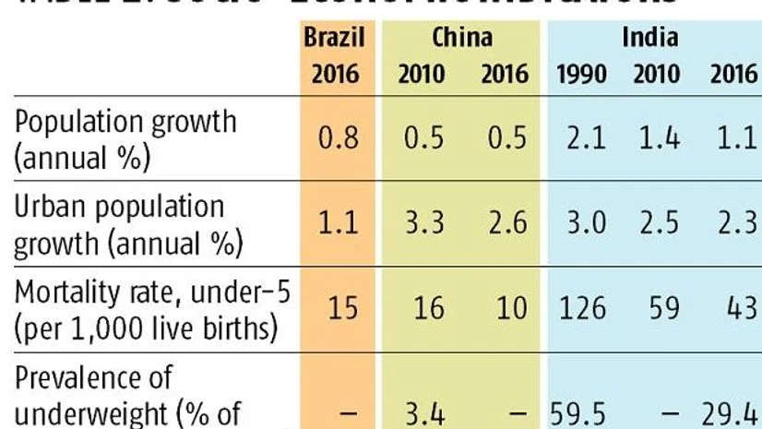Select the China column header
tap(461, 38)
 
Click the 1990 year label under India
tap(582, 75)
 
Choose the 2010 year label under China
tap(421, 75)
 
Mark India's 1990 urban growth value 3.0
tap(583, 223)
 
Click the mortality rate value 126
tap(581, 307)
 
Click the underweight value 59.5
tap(577, 410)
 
